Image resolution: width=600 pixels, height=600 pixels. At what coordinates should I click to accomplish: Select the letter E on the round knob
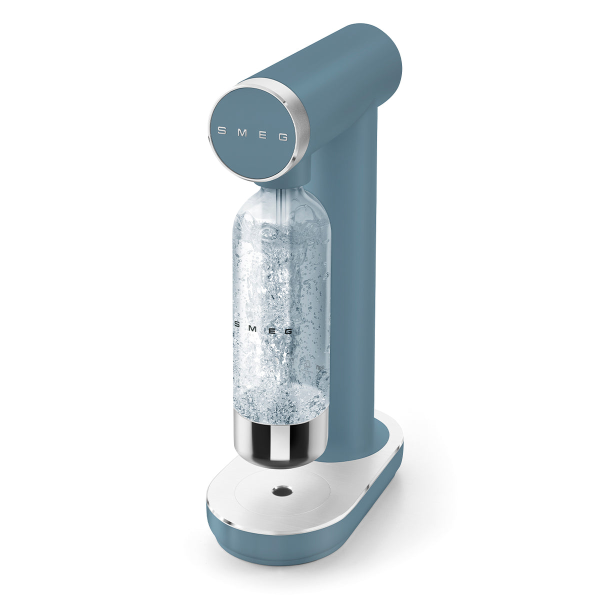pyautogui.click(x=262, y=135)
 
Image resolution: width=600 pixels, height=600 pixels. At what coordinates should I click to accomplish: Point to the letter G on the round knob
pyautogui.click(x=283, y=137)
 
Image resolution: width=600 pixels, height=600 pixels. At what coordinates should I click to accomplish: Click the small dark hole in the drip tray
pyautogui.click(x=280, y=492)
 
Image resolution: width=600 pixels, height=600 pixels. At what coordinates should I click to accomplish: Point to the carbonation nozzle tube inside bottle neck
pyautogui.click(x=283, y=200)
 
